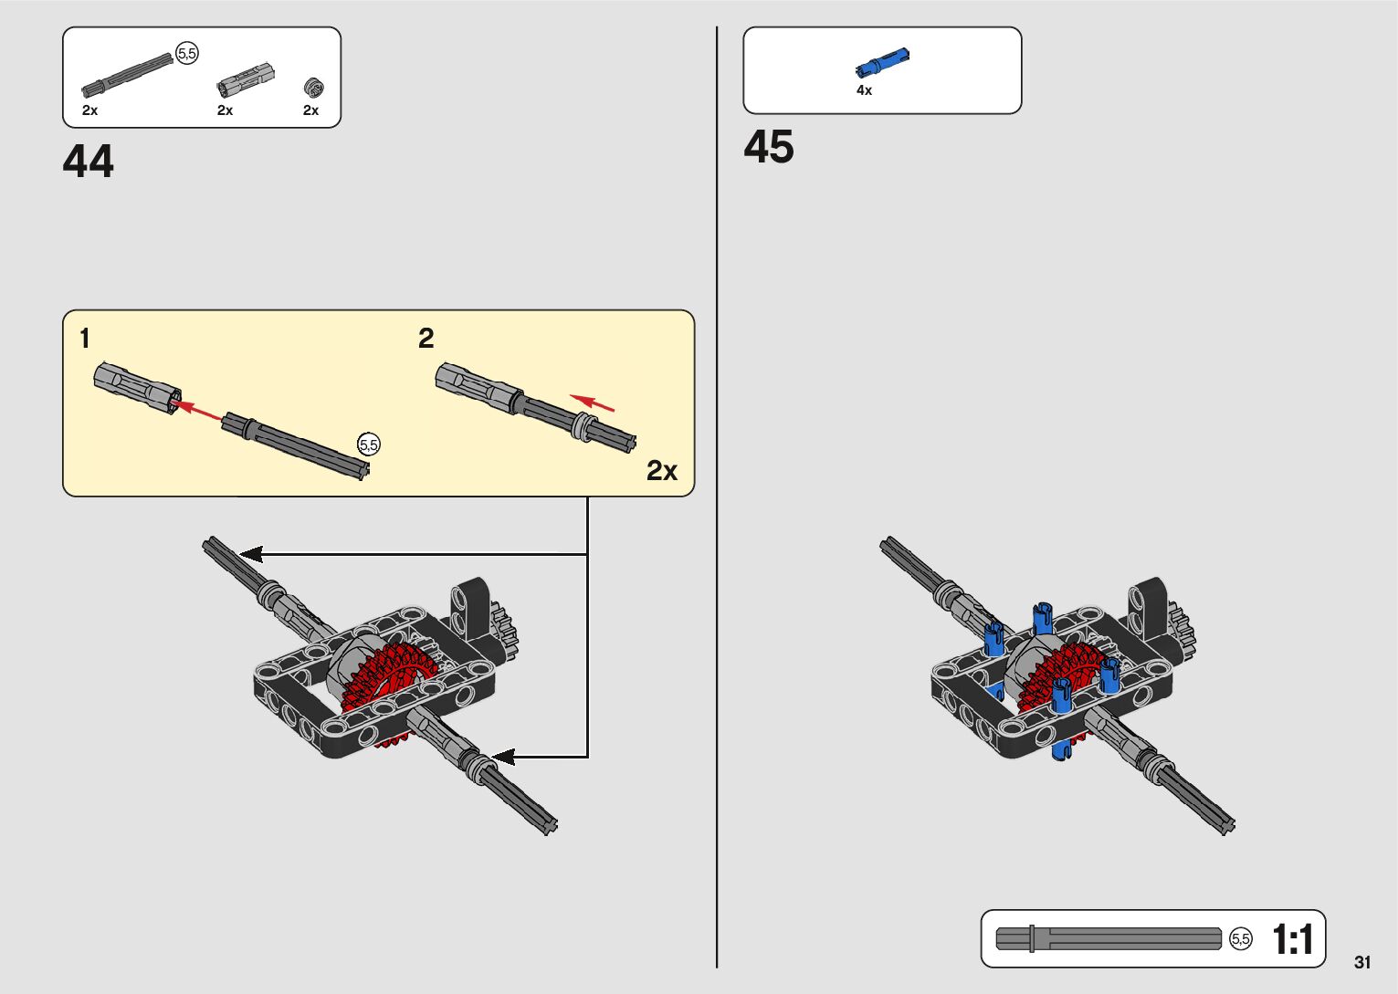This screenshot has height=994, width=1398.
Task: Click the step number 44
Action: pos(89,162)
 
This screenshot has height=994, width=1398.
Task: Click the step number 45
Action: pos(769,147)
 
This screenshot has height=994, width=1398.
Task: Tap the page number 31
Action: pos(1362,962)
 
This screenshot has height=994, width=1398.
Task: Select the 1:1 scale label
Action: pos(1292,939)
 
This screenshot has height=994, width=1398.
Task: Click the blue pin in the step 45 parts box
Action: pos(882,62)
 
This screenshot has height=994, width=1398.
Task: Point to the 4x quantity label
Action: pos(864,90)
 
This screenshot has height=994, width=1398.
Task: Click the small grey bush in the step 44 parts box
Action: pos(313,87)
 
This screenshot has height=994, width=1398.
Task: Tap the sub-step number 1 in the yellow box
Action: pos(85,339)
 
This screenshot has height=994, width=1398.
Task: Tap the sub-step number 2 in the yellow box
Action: pos(426,339)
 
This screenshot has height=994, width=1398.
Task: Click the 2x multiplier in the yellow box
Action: pos(662,470)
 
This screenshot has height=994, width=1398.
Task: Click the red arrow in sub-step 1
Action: pos(196,410)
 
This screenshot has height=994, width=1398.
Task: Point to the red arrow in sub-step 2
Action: pos(593,403)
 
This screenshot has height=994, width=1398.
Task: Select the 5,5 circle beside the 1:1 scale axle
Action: pos(1241,939)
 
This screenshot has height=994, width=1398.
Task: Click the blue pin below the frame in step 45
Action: pos(1060,749)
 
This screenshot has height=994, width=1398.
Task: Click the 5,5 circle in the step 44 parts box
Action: pos(187,54)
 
